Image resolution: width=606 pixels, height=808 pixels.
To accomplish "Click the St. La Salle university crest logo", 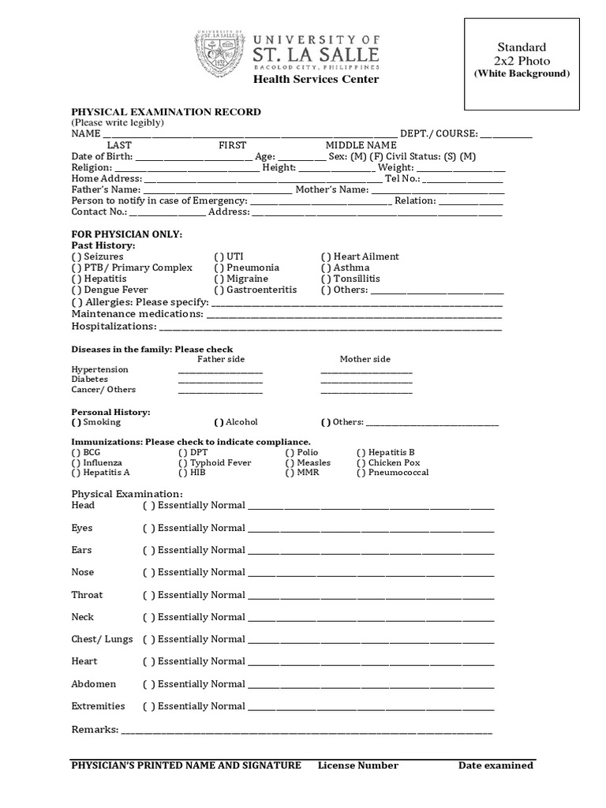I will pos(219,54).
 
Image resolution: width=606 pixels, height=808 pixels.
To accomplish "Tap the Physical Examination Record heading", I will pos(166,112).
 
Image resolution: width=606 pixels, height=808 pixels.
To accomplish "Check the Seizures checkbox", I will pos(76,256).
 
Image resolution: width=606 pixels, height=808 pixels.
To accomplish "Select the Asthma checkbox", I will pos(326,267).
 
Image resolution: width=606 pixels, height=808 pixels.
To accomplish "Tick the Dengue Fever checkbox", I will pos(76,290).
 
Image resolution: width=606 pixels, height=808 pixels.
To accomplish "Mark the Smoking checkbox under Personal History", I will pos(76,422).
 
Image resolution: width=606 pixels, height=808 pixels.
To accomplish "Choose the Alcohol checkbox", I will pos(219,422).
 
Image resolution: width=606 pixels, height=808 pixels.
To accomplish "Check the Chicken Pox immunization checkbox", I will pos(361,463).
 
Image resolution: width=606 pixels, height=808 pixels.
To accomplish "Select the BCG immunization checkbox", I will pos(76,453).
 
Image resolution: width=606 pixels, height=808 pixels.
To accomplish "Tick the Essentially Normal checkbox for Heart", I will pos(148,662).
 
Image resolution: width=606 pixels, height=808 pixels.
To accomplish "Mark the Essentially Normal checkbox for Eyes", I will pos(148,529).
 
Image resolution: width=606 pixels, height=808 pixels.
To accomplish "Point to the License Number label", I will pos(358,765).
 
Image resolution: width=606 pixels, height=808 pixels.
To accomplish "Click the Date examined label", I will pos(496,765).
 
